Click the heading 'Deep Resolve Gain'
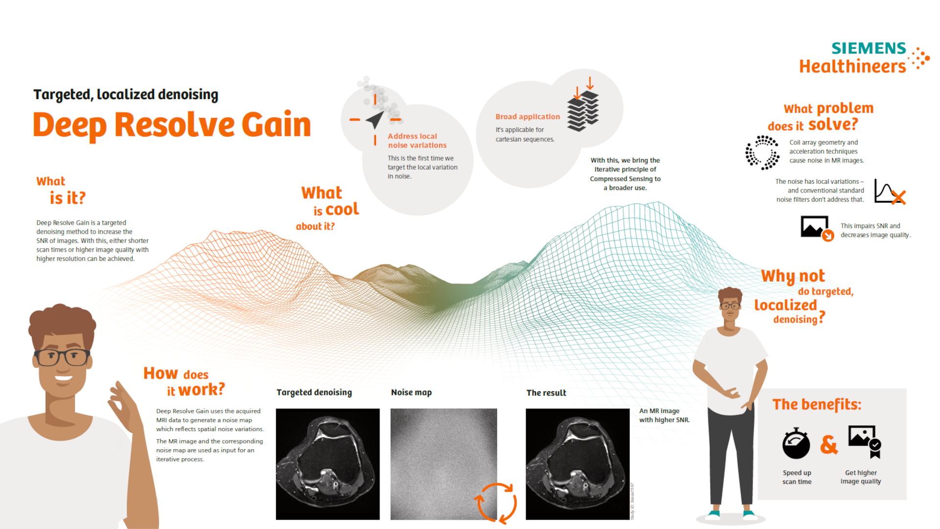click(x=172, y=125)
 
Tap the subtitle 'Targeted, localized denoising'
click(x=126, y=95)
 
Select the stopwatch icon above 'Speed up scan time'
click(x=796, y=443)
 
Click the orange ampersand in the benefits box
click(x=828, y=445)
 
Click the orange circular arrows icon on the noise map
click(x=496, y=502)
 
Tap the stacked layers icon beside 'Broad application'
click(x=583, y=111)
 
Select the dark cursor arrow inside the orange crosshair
click(x=375, y=119)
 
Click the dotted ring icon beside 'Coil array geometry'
click(x=762, y=153)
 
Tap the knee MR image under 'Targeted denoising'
click(x=328, y=464)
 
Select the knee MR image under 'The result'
click(x=577, y=464)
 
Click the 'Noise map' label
click(x=411, y=392)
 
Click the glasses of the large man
click(x=62, y=357)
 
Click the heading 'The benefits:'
click(x=817, y=405)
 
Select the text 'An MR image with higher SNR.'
click(x=664, y=415)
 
